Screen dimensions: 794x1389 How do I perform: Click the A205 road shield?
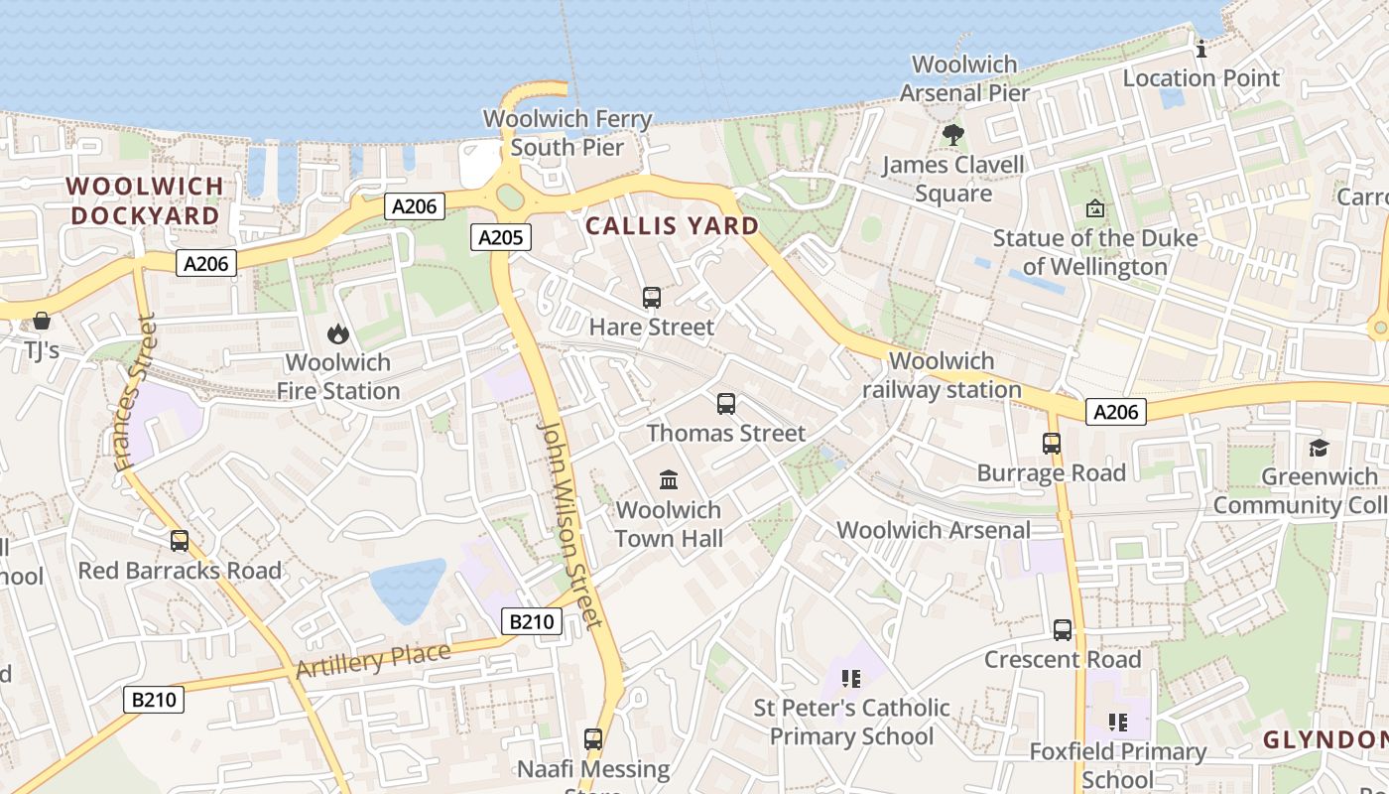[500, 237]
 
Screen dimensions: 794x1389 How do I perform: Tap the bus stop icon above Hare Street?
[652, 298]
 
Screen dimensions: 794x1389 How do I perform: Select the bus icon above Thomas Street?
[726, 404]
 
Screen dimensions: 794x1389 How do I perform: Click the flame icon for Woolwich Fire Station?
[338, 334]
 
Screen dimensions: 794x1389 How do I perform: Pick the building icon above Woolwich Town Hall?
[669, 480]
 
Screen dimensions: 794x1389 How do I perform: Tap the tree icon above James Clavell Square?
[953, 134]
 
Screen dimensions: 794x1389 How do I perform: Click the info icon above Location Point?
[1201, 49]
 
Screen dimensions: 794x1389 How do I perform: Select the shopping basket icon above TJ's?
[42, 321]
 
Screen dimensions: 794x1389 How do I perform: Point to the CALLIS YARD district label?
[672, 226]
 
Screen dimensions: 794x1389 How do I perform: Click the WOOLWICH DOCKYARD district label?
[145, 200]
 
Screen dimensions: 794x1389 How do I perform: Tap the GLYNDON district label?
[1325, 740]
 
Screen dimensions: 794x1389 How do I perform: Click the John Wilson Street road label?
[569, 524]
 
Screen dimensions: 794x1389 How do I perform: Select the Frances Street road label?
[136, 392]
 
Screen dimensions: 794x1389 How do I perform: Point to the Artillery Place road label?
[373, 660]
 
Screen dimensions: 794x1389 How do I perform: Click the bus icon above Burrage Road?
[1052, 444]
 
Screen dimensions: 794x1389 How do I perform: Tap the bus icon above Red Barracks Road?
[180, 541]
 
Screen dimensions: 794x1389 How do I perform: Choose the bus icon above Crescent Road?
[1063, 630]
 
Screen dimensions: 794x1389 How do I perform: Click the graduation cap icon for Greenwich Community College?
[1319, 448]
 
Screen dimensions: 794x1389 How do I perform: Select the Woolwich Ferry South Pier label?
[568, 133]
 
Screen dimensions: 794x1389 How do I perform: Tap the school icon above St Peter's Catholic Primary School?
[850, 679]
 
